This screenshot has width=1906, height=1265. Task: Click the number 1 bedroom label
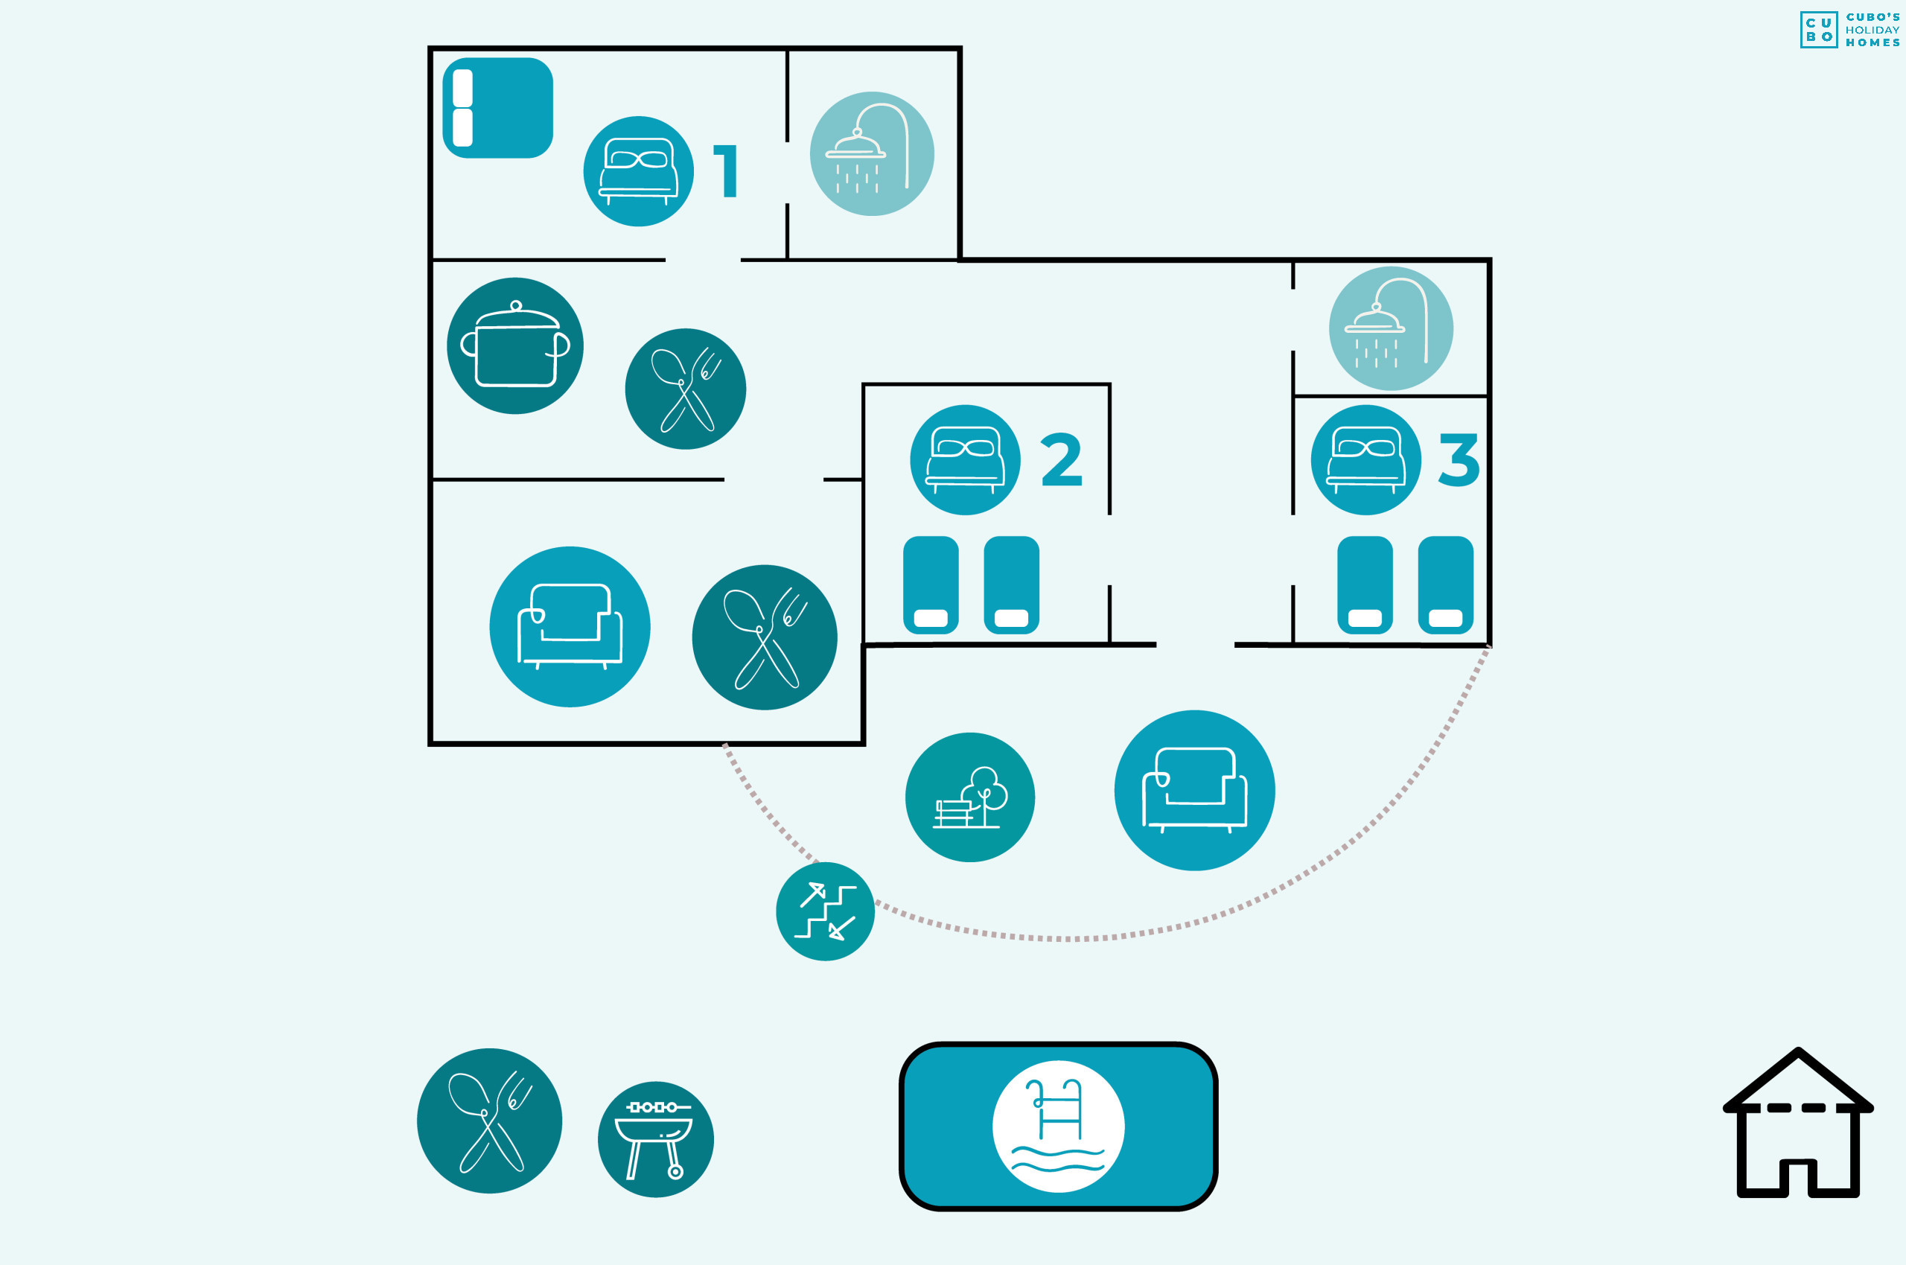[x=726, y=171]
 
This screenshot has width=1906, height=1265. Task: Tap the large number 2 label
[x=1062, y=459]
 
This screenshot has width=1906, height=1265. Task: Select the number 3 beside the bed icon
[x=1459, y=459]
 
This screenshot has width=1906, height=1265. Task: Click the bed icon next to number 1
[x=638, y=171]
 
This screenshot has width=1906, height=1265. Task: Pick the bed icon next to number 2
[x=965, y=460]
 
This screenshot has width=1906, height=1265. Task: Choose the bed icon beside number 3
[x=1365, y=460]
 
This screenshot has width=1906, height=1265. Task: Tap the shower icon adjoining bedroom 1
[x=872, y=153]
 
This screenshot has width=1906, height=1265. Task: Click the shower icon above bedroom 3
[x=1391, y=328]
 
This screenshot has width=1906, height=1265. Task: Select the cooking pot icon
[x=515, y=346]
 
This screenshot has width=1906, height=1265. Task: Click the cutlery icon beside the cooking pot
[x=686, y=389]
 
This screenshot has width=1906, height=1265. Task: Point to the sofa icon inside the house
[x=570, y=627]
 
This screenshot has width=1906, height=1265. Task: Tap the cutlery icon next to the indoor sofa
[x=765, y=637]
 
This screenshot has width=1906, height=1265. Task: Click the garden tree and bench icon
[x=970, y=797]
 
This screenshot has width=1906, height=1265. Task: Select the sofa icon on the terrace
[x=1194, y=791]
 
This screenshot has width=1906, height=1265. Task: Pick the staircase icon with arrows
[x=825, y=911]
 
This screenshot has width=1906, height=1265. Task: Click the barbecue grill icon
[x=656, y=1139]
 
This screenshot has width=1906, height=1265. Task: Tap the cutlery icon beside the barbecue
[x=490, y=1121]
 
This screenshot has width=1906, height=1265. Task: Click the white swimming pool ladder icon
[x=1058, y=1127]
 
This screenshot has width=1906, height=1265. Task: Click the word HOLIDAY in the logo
[x=1872, y=30]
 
